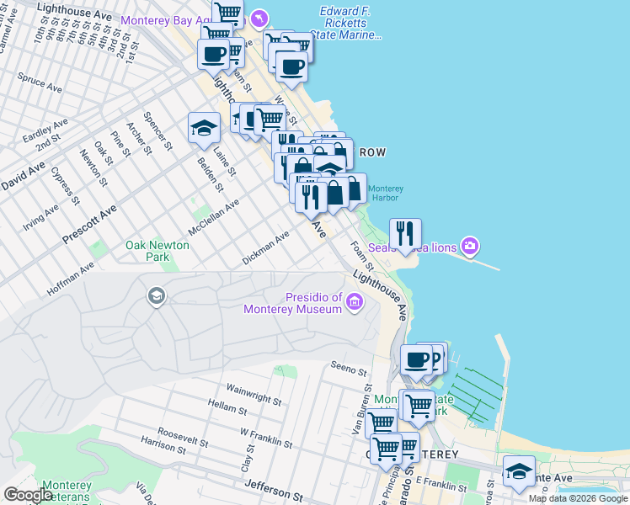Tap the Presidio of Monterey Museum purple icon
click(x=355, y=300)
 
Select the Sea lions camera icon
click(x=470, y=246)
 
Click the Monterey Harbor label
click(x=386, y=194)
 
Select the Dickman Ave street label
click(x=265, y=247)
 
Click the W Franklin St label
click(x=266, y=438)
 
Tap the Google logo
click(x=28, y=495)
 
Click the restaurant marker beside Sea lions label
click(x=405, y=234)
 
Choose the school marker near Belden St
click(x=203, y=128)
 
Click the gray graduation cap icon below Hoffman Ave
click(x=156, y=295)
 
